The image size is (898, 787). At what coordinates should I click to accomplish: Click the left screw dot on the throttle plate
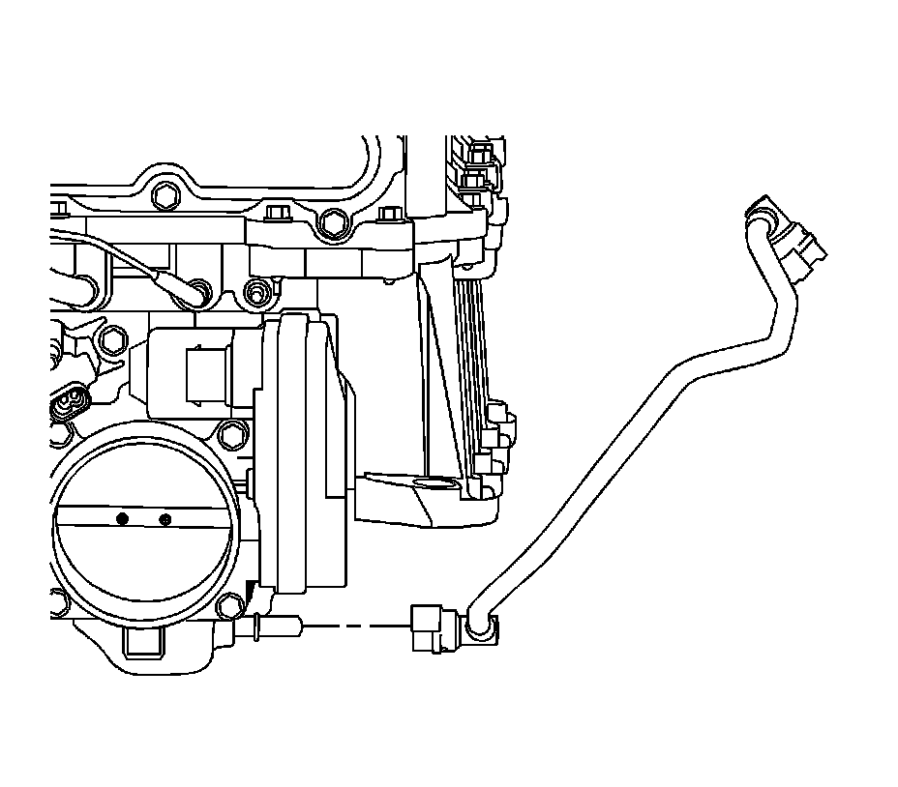122,519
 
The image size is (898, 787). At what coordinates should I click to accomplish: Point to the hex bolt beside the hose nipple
230,606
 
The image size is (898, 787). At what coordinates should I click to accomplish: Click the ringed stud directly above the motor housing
256,289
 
